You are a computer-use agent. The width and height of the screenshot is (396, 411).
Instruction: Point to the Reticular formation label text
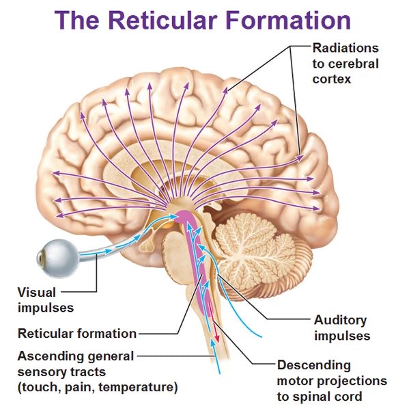tap(76, 334)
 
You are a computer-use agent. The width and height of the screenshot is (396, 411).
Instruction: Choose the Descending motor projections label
tap(332, 381)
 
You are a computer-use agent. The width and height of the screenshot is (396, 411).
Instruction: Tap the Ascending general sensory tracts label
tap(75, 364)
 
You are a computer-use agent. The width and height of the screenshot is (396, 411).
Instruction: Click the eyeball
tap(55, 256)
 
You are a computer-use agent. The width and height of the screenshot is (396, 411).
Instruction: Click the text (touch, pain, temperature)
tap(98, 388)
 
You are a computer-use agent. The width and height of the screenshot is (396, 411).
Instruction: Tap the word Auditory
tap(340, 320)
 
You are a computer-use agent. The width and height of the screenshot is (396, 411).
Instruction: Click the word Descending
tap(313, 365)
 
